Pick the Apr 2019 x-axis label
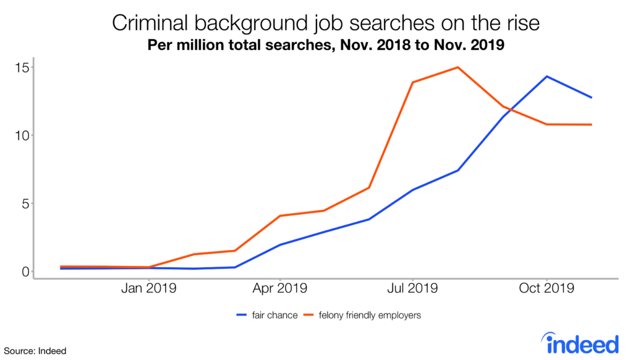280,288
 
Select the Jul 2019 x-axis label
412,288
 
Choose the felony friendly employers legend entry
370,315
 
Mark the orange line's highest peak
457,67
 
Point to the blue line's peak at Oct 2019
546,77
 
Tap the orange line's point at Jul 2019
412,82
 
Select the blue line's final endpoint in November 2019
592,98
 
